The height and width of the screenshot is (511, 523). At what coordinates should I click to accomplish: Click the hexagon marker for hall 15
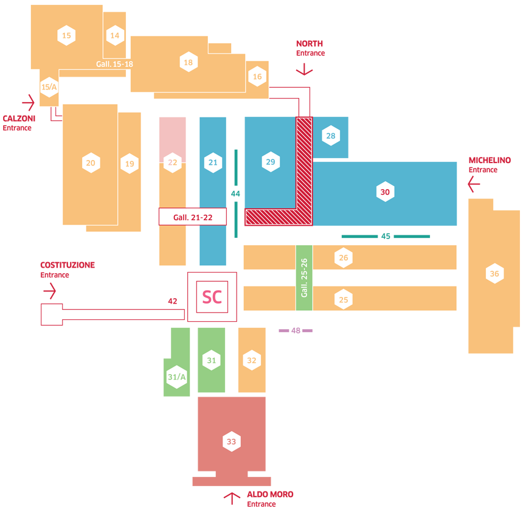pyautogui.click(x=66, y=36)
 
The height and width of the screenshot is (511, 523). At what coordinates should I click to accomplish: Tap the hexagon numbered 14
pyautogui.click(x=114, y=36)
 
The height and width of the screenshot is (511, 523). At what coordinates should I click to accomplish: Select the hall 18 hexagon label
pyautogui.click(x=189, y=62)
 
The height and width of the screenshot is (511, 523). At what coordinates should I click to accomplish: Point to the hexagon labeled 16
pyautogui.click(x=257, y=77)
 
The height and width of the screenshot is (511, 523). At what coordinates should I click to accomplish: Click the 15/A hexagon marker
pyautogui.click(x=49, y=87)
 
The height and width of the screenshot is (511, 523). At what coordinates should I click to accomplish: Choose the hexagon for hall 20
pyautogui.click(x=91, y=163)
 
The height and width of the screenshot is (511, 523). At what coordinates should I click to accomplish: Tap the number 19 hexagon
pyautogui.click(x=129, y=164)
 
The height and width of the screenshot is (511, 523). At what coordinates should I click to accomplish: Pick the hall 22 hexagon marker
pyautogui.click(x=173, y=162)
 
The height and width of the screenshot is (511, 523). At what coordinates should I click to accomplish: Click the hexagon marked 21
pyautogui.click(x=212, y=162)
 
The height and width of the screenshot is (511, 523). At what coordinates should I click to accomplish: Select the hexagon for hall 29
pyautogui.click(x=271, y=162)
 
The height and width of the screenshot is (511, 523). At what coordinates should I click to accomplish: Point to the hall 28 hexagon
pyautogui.click(x=330, y=136)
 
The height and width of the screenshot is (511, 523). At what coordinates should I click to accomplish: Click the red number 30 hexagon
pyautogui.click(x=384, y=192)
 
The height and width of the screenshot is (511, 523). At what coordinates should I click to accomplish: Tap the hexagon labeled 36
pyautogui.click(x=494, y=274)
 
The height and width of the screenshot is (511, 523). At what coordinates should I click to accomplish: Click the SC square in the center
pyautogui.click(x=212, y=297)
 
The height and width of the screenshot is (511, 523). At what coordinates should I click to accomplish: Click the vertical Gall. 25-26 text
pyautogui.click(x=304, y=277)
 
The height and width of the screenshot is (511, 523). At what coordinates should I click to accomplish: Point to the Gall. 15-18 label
pyautogui.click(x=114, y=64)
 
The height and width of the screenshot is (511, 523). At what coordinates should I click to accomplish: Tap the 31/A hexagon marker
pyautogui.click(x=176, y=377)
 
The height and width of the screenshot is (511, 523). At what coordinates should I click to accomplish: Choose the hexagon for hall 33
pyautogui.click(x=231, y=442)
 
